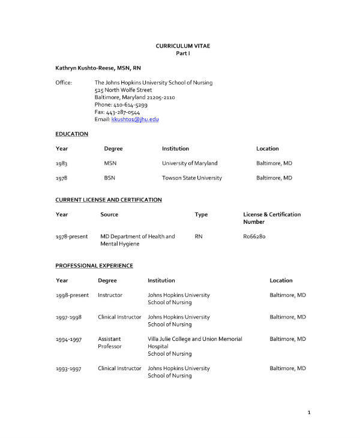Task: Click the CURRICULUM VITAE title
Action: tap(183, 46)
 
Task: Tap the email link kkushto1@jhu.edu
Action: tap(135, 119)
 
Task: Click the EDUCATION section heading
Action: tap(71, 134)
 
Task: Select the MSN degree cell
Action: tap(110, 163)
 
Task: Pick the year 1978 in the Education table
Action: tap(61, 178)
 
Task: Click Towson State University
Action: tap(191, 178)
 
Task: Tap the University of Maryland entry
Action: tap(190, 163)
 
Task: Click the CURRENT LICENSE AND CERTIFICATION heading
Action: tap(109, 200)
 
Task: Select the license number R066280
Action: tap(254, 236)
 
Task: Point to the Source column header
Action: tap(109, 214)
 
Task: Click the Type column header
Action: tap(201, 214)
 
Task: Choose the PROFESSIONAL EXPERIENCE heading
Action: tap(94, 266)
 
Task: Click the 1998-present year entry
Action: tap(71, 295)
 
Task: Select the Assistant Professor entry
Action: tap(110, 343)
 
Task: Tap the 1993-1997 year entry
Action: tap(68, 368)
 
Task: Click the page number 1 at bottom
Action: tap(308, 413)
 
